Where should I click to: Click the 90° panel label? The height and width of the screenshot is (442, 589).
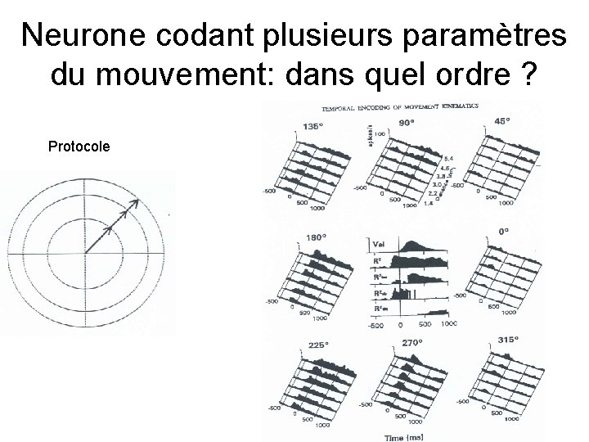point(407,122)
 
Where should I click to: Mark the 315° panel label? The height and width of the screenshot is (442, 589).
point(508,340)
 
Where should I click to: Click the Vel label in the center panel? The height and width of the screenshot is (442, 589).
point(379,244)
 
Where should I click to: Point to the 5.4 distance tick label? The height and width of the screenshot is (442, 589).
point(448,157)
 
